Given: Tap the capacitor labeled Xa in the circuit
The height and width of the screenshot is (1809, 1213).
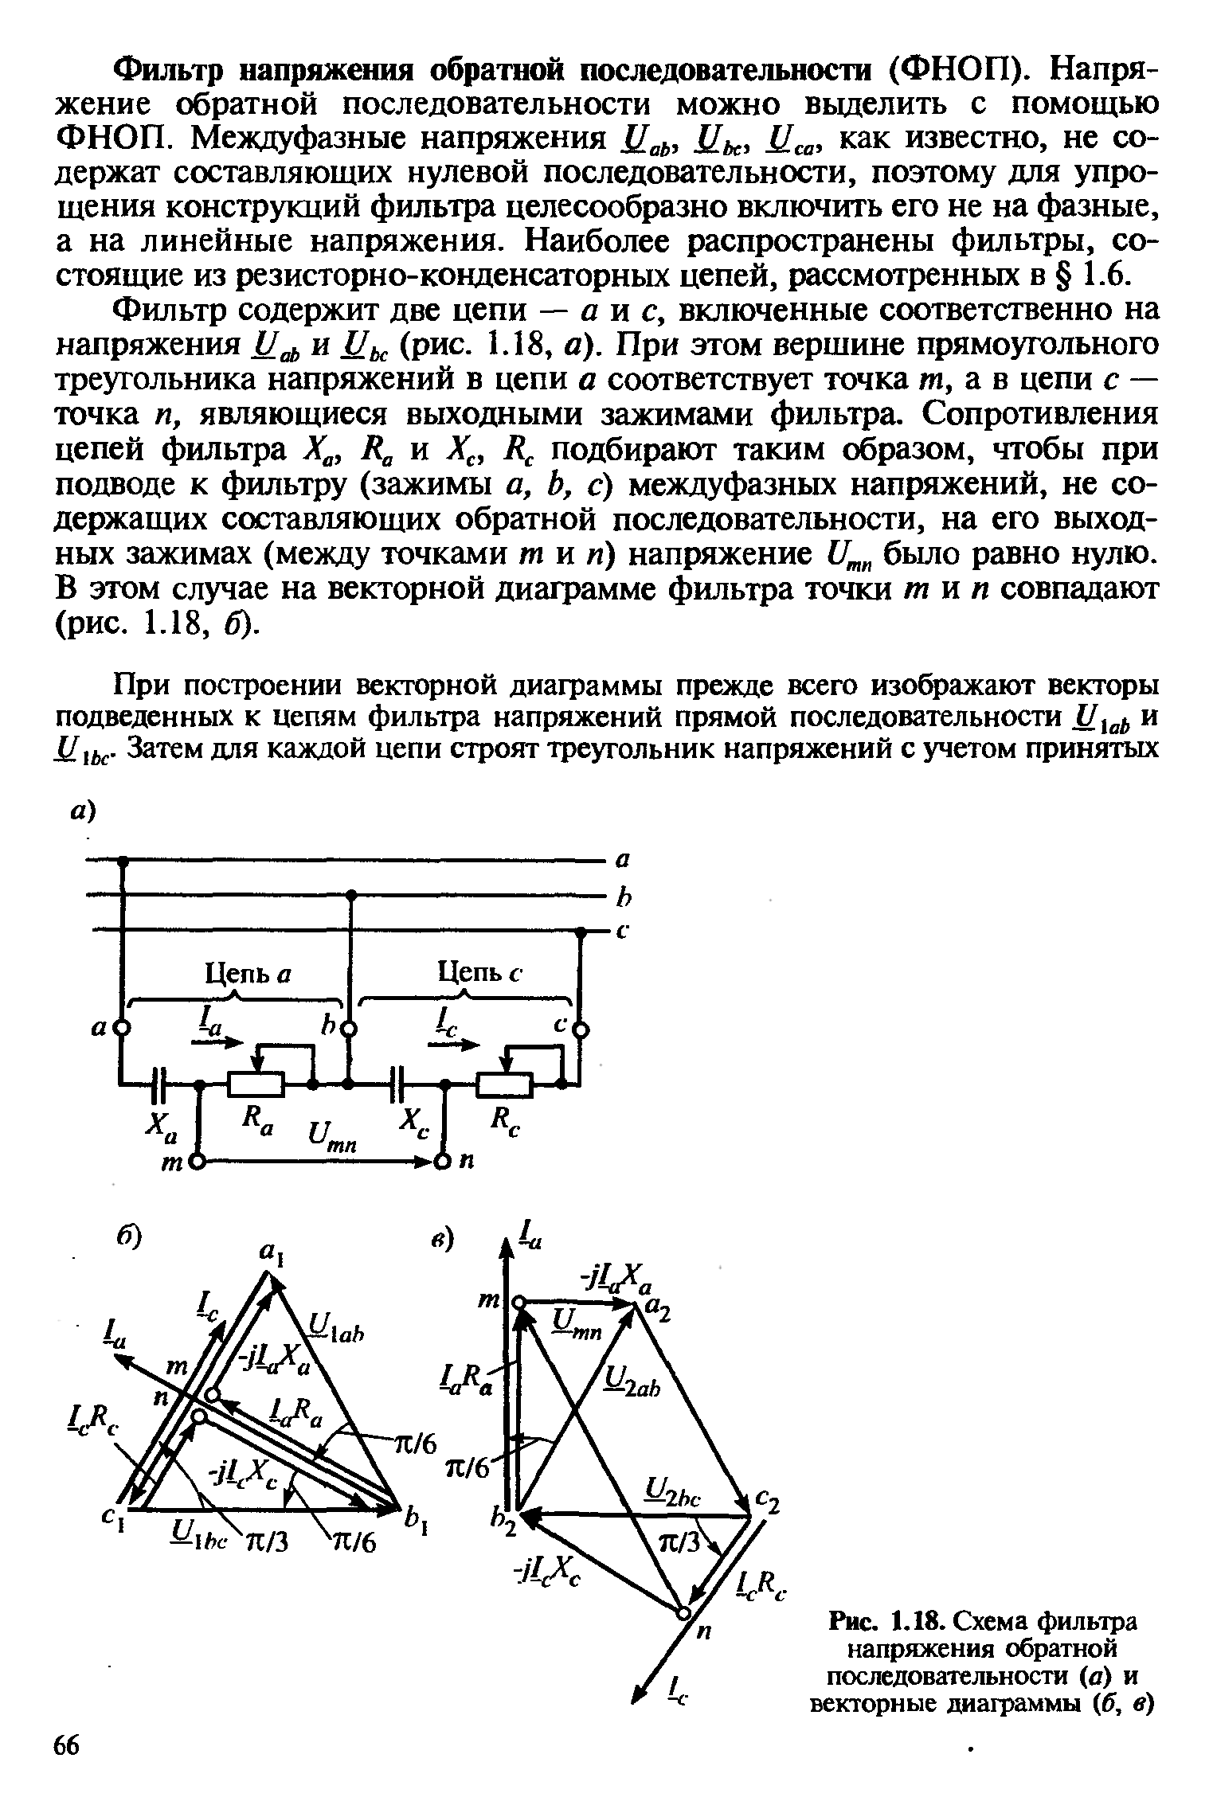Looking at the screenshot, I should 159,1084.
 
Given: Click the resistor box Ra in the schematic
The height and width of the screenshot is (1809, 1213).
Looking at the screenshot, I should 256,1084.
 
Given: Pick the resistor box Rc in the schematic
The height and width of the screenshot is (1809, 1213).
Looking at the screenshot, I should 503,1084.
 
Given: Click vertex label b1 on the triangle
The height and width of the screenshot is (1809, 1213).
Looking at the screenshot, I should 416,1525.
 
